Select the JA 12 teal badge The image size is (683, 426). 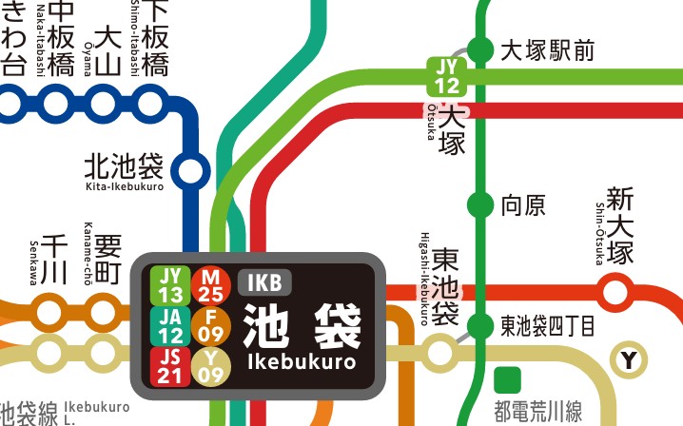click(172, 325)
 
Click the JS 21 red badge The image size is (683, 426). click(172, 366)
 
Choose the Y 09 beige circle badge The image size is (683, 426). click(212, 366)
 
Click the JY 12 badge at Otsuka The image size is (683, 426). click(446, 76)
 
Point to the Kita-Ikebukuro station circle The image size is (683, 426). click(192, 171)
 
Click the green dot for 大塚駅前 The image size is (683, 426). click(482, 50)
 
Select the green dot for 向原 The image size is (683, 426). click(482, 203)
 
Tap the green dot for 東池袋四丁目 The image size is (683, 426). click(482, 325)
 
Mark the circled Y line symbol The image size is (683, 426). click(629, 359)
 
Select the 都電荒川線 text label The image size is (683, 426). click(537, 412)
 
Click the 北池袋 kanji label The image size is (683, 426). click(124, 166)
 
